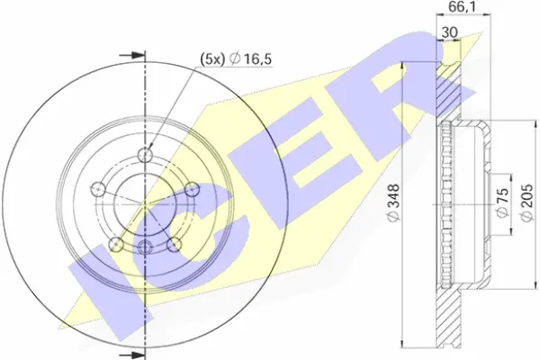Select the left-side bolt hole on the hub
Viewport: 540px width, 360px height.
click(x=101, y=189)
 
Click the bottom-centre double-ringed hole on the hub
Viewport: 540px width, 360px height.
click(x=145, y=247)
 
